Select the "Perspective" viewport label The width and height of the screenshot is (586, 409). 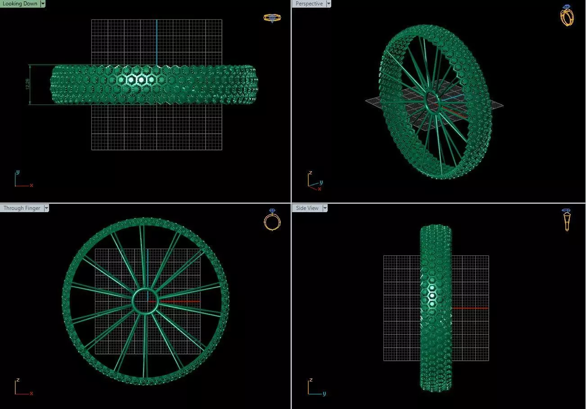[x=309, y=4]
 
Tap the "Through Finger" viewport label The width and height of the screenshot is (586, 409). [x=22, y=208]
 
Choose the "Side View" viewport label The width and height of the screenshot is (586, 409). [x=307, y=208]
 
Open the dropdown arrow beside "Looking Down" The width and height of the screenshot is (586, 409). [x=43, y=4]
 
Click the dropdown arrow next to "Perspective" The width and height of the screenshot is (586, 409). [x=329, y=4]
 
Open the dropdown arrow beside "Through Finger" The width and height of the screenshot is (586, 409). [x=46, y=208]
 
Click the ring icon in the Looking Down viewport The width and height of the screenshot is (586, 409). [x=272, y=18]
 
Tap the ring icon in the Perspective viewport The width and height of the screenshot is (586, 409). [x=567, y=15]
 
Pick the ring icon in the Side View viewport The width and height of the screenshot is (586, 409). [x=567, y=220]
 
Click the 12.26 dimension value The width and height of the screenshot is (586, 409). [x=28, y=85]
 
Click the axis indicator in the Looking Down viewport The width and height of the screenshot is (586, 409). [x=22, y=179]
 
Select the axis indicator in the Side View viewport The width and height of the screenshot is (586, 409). [x=315, y=387]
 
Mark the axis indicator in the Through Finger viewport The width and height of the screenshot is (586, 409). [x=22, y=387]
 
